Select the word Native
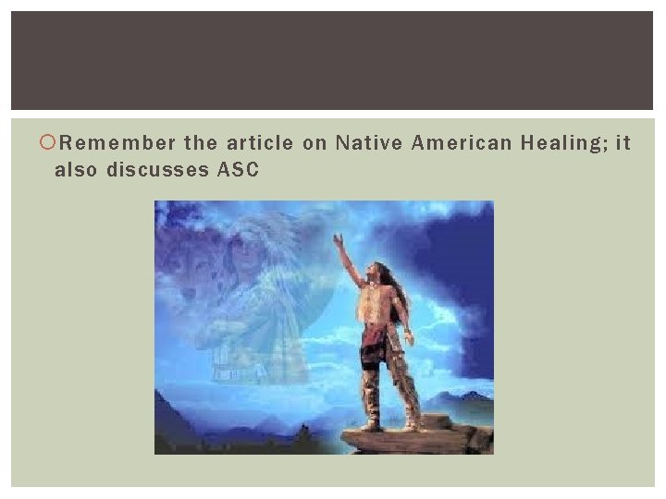367,143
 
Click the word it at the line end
622,143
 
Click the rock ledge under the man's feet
407,439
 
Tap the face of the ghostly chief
242,269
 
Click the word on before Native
315,143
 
